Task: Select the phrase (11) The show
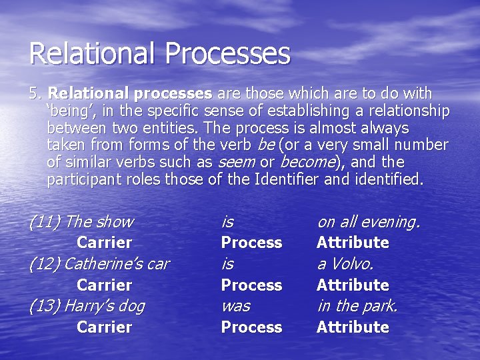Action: click(x=81, y=222)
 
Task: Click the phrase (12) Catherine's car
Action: click(x=99, y=264)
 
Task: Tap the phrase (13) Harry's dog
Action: click(x=87, y=306)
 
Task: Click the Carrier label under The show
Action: click(x=104, y=243)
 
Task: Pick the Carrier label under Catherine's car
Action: click(x=104, y=285)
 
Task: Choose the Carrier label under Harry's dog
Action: click(x=104, y=327)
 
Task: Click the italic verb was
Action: click(x=235, y=306)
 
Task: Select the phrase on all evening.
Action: click(x=368, y=222)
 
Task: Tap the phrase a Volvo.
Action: click(x=345, y=264)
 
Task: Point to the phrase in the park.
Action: click(x=357, y=306)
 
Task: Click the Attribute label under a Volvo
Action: click(x=353, y=285)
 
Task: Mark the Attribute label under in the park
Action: click(x=353, y=327)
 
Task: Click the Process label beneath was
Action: click(x=251, y=327)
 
